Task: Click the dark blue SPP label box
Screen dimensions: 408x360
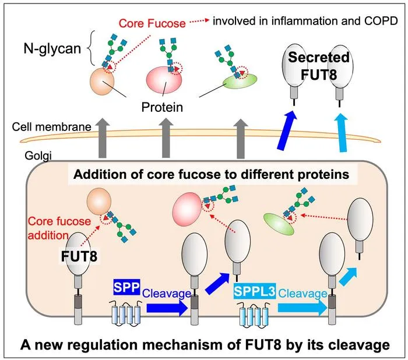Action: (x=127, y=287)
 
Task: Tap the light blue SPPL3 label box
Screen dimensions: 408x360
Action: (x=255, y=291)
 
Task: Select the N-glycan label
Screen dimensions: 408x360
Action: (x=52, y=48)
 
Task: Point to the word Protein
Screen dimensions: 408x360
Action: (x=162, y=107)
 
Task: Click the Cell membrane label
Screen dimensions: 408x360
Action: (x=51, y=127)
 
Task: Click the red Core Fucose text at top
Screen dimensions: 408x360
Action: (x=152, y=23)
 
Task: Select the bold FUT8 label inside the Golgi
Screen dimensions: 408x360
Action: (x=79, y=256)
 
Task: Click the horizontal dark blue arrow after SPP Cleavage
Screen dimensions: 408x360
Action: (x=167, y=308)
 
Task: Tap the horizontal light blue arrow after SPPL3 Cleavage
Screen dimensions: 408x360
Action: (x=303, y=308)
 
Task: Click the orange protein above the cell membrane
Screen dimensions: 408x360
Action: (x=102, y=82)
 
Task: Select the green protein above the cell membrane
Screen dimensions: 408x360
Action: (x=240, y=81)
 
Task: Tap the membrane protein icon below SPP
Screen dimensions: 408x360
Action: (x=126, y=313)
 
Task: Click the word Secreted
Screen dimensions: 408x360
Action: (x=319, y=57)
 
